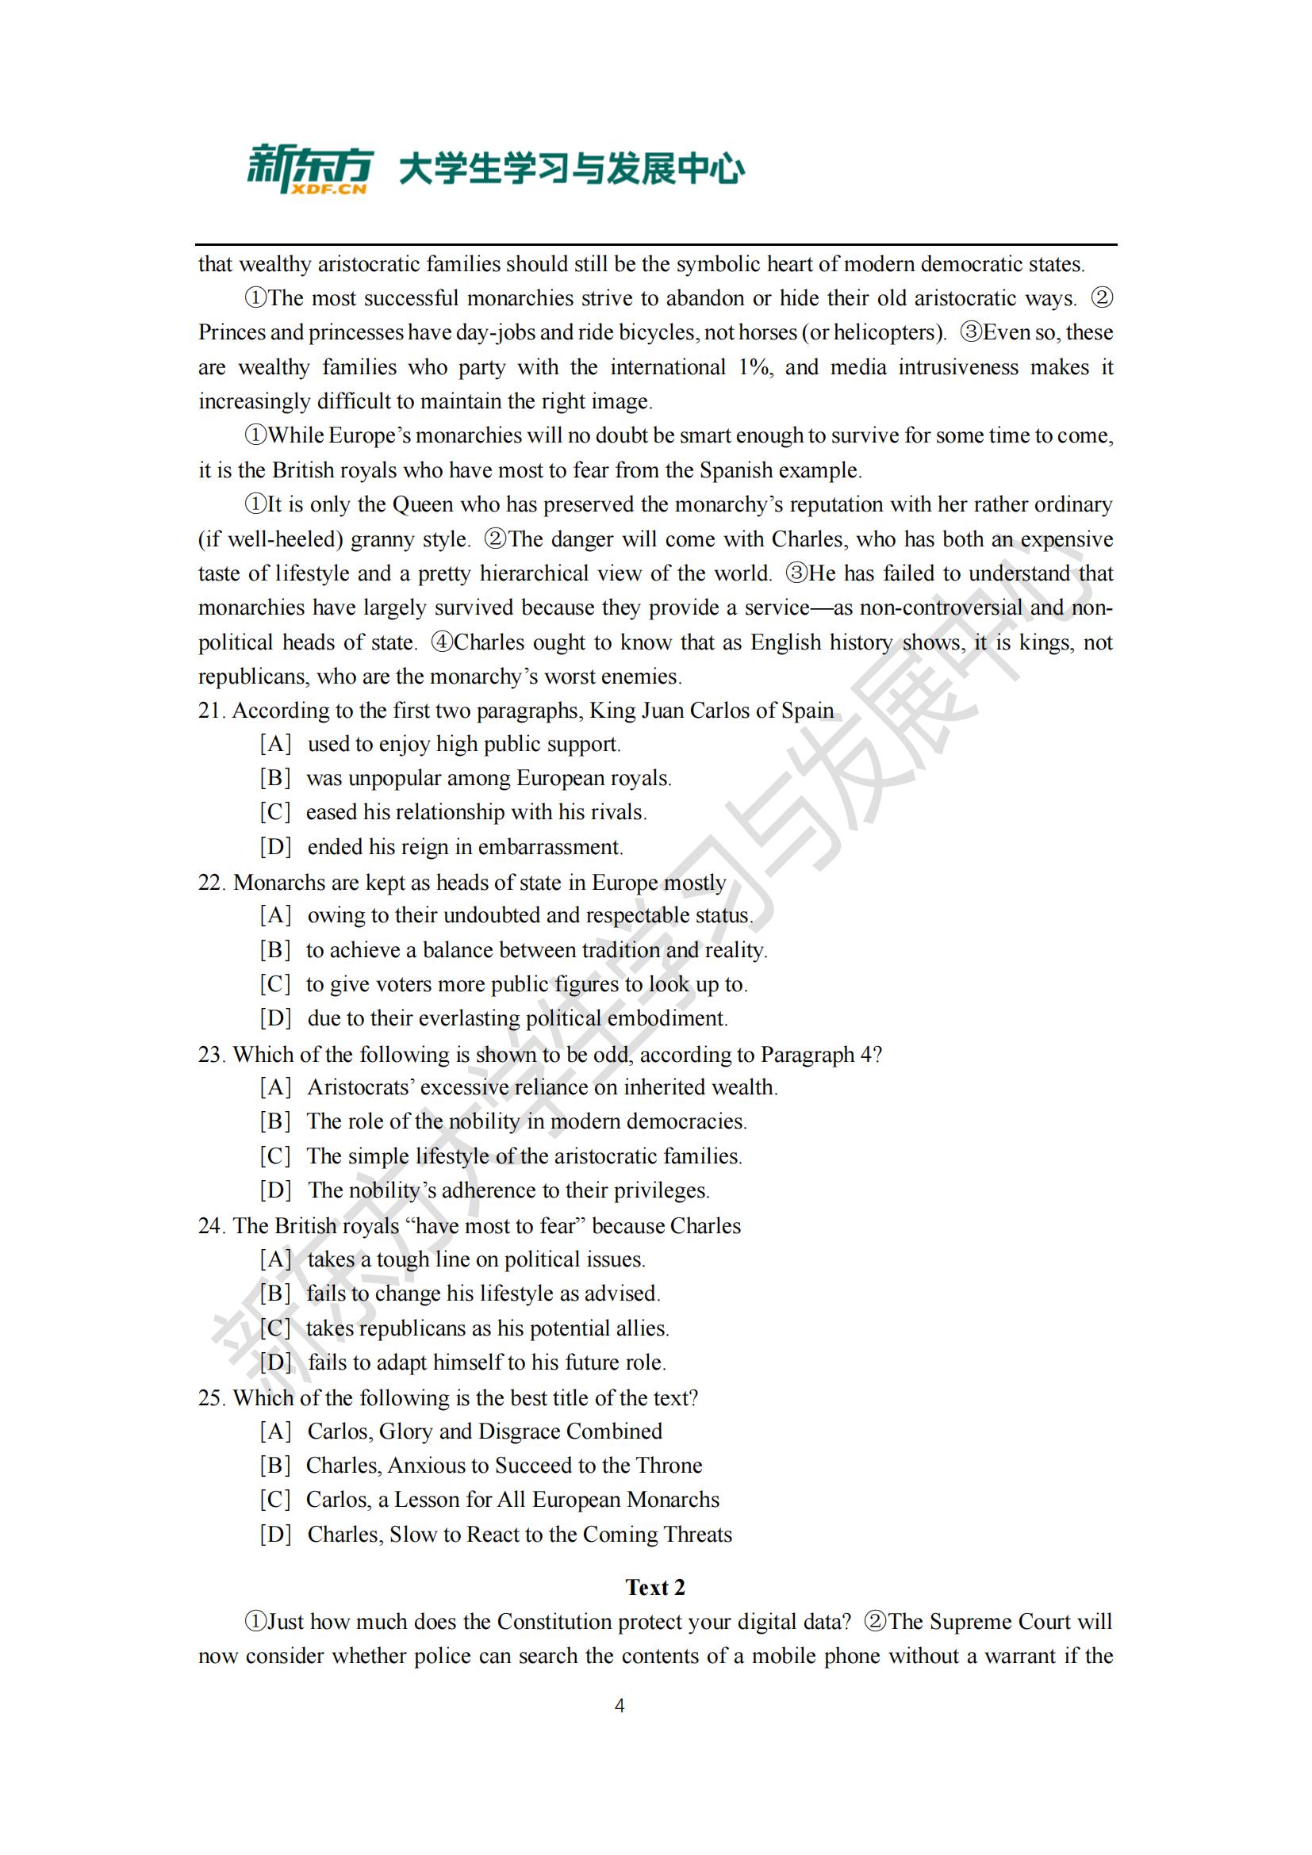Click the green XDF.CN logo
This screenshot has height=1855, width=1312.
pos(309,169)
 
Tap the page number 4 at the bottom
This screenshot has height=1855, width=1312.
pos(620,1706)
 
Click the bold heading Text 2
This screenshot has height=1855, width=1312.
pos(655,1588)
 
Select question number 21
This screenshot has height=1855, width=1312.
pos(211,710)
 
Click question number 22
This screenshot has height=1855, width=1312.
pos(211,882)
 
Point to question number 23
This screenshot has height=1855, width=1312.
pos(211,1054)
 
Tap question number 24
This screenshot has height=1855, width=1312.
pos(211,1225)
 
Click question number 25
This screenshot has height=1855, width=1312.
pos(211,1397)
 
